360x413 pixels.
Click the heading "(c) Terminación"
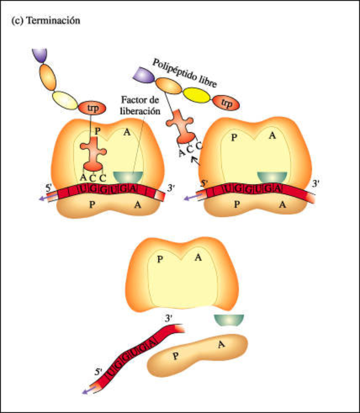pos(45,22)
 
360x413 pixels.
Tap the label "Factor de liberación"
pos(140,107)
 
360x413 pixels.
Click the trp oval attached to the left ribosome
pos(92,108)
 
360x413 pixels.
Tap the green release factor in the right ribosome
pos(272,177)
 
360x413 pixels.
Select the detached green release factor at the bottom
pos(229,320)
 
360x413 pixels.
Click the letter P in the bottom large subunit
pos(160,260)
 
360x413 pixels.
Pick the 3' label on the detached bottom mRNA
pos(169,318)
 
